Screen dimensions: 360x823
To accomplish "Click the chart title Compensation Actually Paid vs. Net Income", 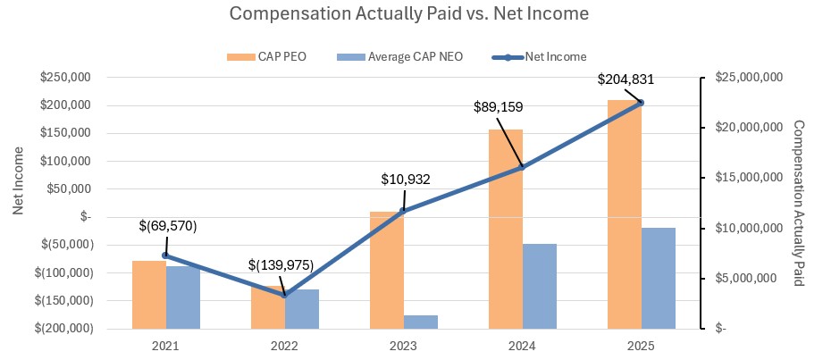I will click(x=409, y=15).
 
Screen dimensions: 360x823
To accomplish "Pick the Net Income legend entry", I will click(x=539, y=56).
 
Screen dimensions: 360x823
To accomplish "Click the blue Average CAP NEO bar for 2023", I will click(x=421, y=322).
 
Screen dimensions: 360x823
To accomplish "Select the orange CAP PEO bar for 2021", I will click(x=148, y=294).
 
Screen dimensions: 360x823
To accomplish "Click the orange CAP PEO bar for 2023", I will click(x=386, y=270).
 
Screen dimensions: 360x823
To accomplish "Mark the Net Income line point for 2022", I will click(x=284, y=295).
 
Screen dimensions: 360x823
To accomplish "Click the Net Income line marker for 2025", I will click(x=640, y=103).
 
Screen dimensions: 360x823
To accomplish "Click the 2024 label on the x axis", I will click(x=522, y=346).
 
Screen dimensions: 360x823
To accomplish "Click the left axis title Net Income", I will click(x=18, y=192).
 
